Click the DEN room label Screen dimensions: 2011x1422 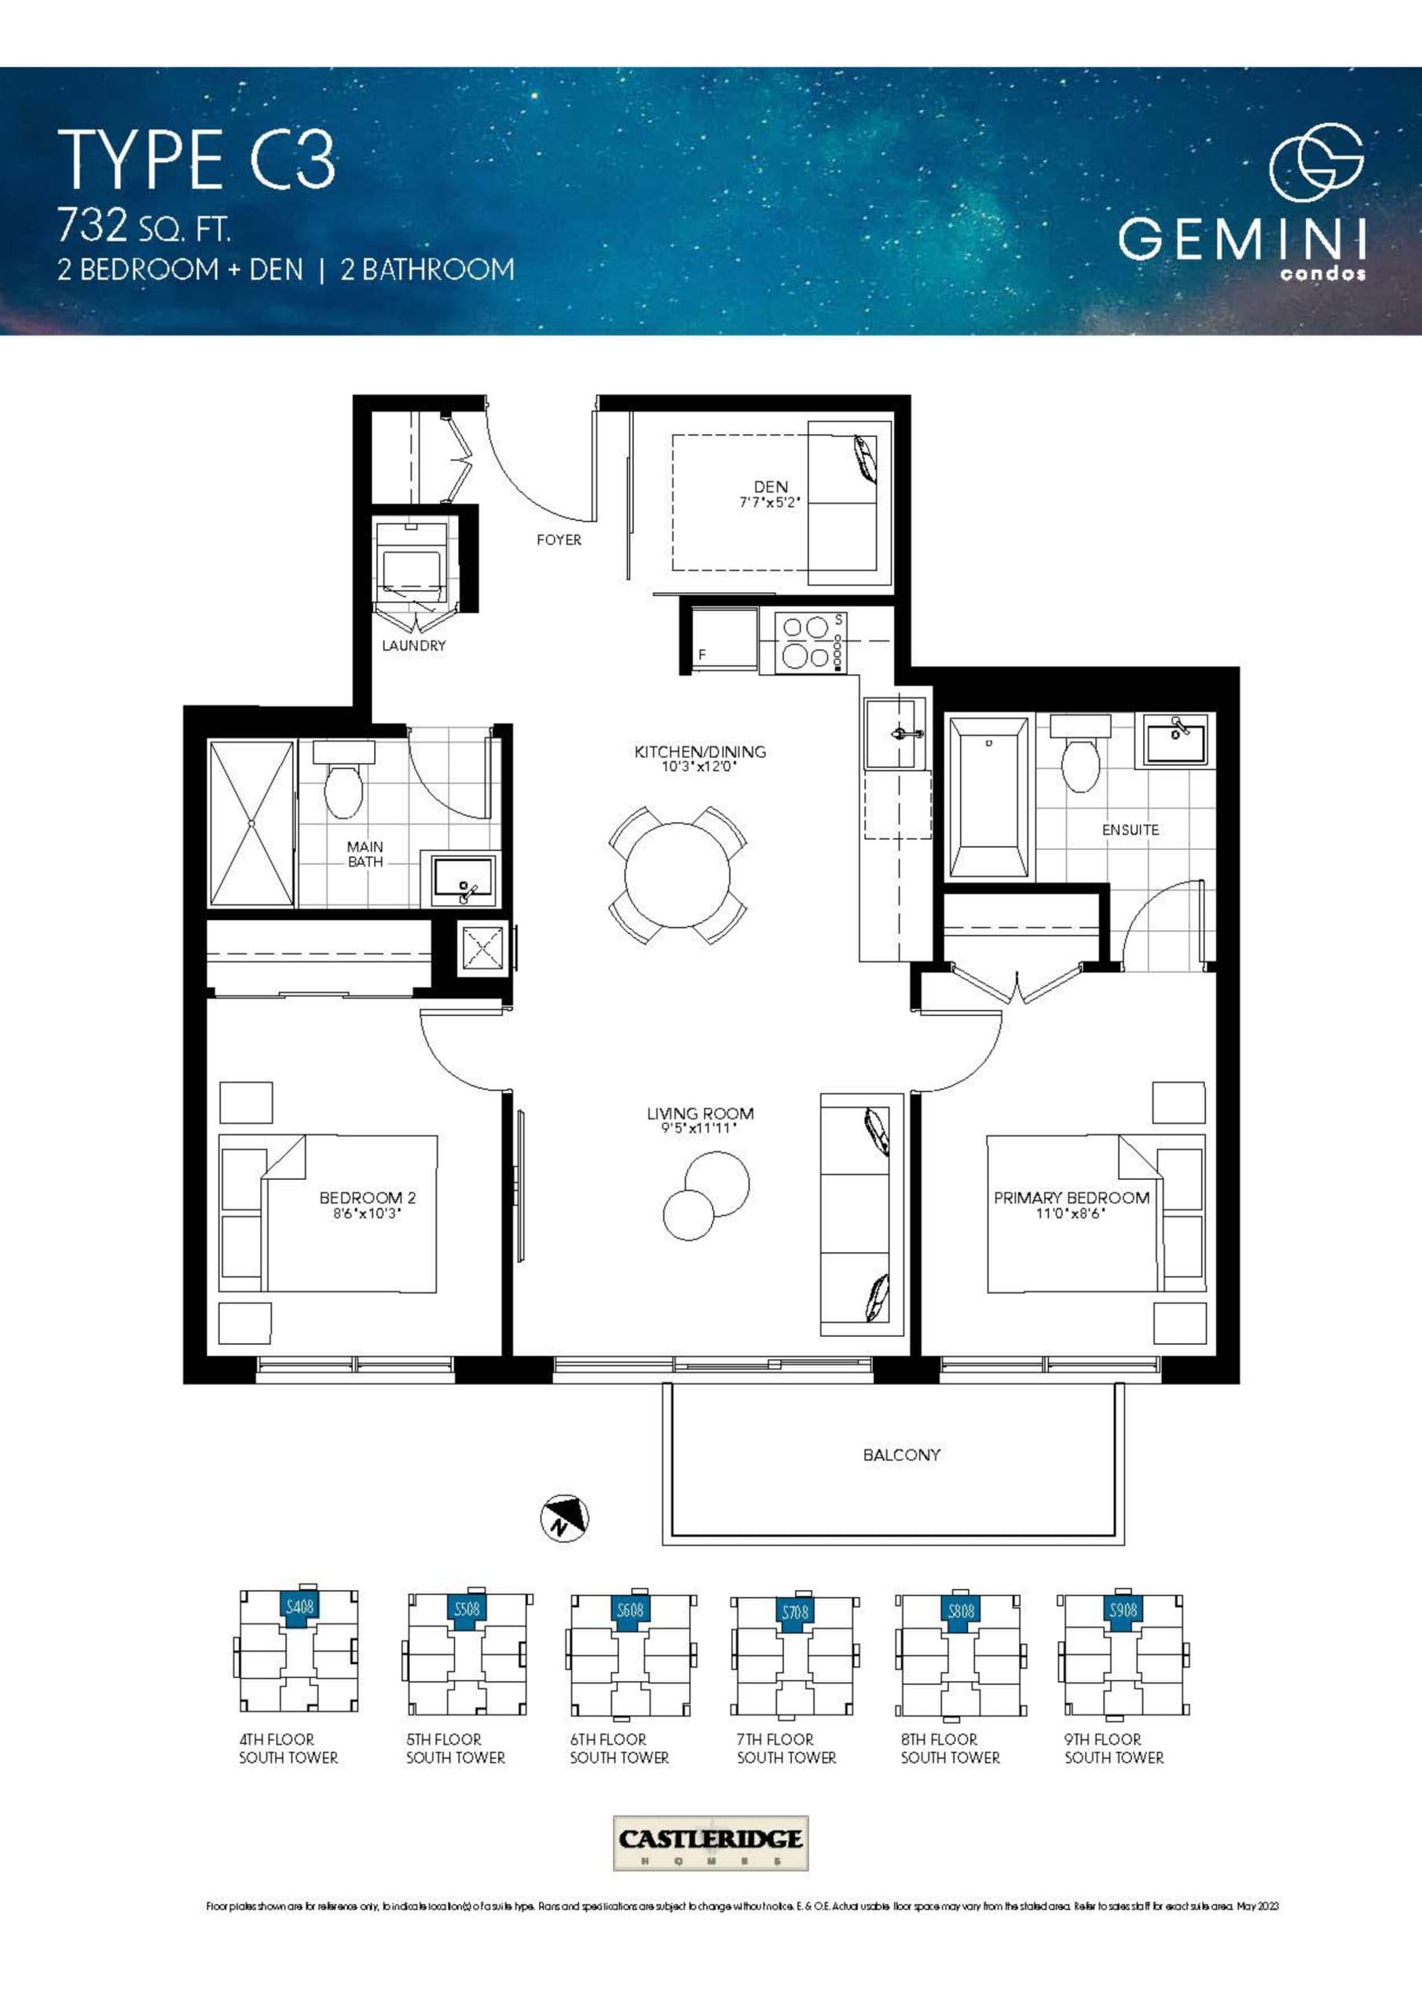pos(770,486)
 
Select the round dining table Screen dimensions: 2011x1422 pos(677,874)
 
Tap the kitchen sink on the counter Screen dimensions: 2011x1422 pos(895,732)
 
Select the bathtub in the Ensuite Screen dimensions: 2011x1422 pos(988,797)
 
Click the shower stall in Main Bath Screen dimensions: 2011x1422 pos(251,823)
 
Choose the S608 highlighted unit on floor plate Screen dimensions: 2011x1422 pos(630,1610)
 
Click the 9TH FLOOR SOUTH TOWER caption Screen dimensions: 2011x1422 pos(1113,1749)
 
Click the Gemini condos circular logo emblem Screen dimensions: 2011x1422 pos(1316,162)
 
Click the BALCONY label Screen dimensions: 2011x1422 pos(900,1455)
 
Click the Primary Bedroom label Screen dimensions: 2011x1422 pos(1071,1197)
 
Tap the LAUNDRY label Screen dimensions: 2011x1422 pos(413,646)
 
